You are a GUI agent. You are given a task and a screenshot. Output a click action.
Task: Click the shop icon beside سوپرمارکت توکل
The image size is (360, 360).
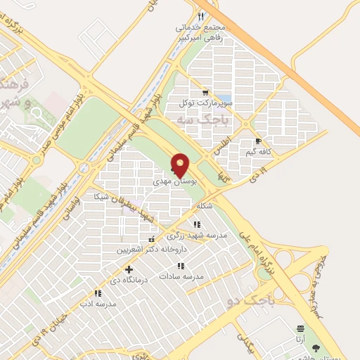click(x=205, y=92)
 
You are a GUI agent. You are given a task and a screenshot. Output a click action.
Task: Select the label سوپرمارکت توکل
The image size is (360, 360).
click(x=205, y=103)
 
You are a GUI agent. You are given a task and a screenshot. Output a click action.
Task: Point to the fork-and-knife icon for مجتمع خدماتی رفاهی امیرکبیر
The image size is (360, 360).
click(x=201, y=17)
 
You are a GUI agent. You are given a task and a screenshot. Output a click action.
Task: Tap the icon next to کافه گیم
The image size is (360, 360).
click(x=258, y=141)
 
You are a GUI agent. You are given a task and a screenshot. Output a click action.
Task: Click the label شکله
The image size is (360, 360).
click(x=205, y=206)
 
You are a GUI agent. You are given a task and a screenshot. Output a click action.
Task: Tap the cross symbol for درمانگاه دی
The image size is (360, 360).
click(x=129, y=269)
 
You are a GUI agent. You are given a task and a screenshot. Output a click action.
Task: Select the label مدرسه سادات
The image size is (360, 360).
click(x=181, y=276)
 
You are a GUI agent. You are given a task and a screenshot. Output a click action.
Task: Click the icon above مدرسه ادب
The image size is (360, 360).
click(x=98, y=293)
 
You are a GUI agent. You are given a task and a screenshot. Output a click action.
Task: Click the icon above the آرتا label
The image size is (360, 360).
click(x=301, y=328)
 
